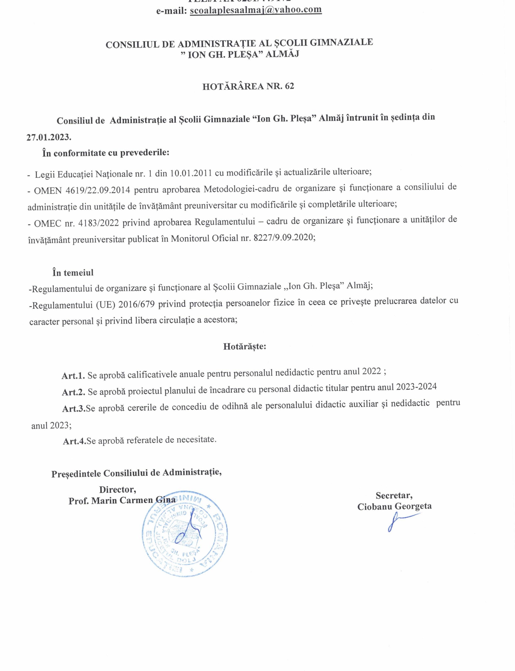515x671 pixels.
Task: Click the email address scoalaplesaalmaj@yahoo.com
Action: click(x=256, y=10)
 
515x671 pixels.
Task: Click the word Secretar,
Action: click(x=394, y=495)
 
